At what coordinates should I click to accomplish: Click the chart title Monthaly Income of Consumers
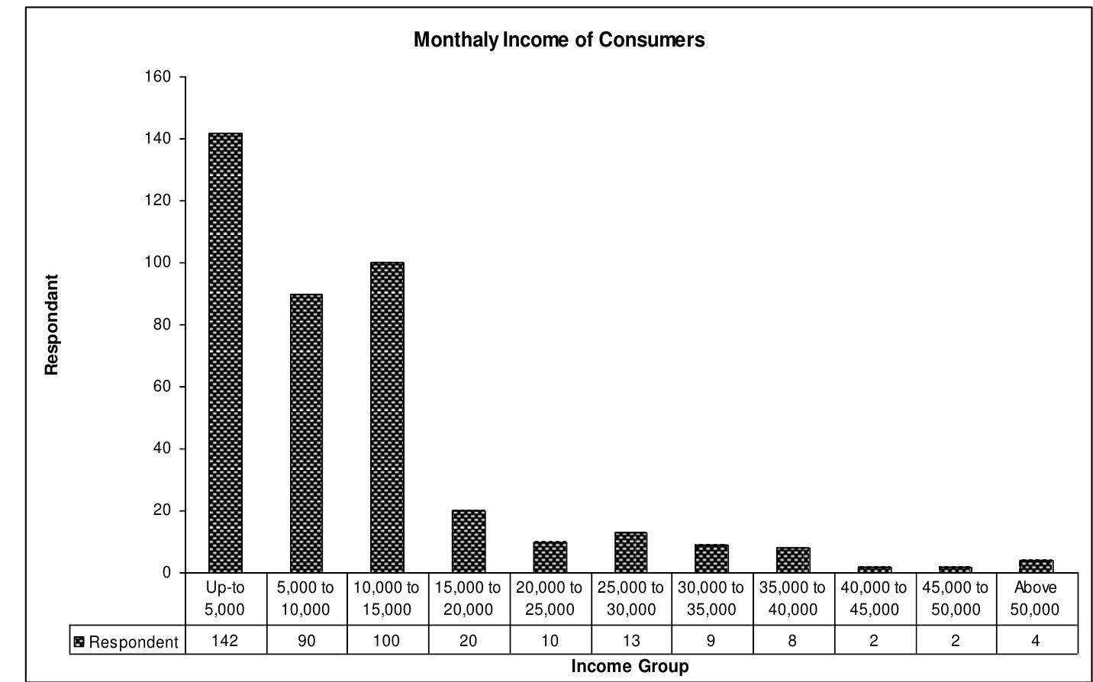[x=559, y=40]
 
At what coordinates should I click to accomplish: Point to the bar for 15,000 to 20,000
[x=469, y=541]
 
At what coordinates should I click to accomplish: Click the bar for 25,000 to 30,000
[x=630, y=552]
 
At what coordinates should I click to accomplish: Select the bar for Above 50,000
[x=1036, y=566]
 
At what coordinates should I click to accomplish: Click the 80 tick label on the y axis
[x=163, y=325]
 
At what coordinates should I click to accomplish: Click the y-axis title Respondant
[x=52, y=325]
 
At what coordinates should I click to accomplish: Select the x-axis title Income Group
[x=630, y=667]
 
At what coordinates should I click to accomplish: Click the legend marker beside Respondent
[x=79, y=642]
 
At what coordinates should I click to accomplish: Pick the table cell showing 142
[x=225, y=641]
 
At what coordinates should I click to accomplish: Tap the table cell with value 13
[x=631, y=641]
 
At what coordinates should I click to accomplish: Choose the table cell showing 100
[x=387, y=641]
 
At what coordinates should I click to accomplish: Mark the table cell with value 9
[x=711, y=641]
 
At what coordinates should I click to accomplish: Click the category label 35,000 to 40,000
[x=792, y=599]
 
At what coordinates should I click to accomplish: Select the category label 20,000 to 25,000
[x=550, y=599]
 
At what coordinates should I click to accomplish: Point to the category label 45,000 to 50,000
[x=955, y=599]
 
